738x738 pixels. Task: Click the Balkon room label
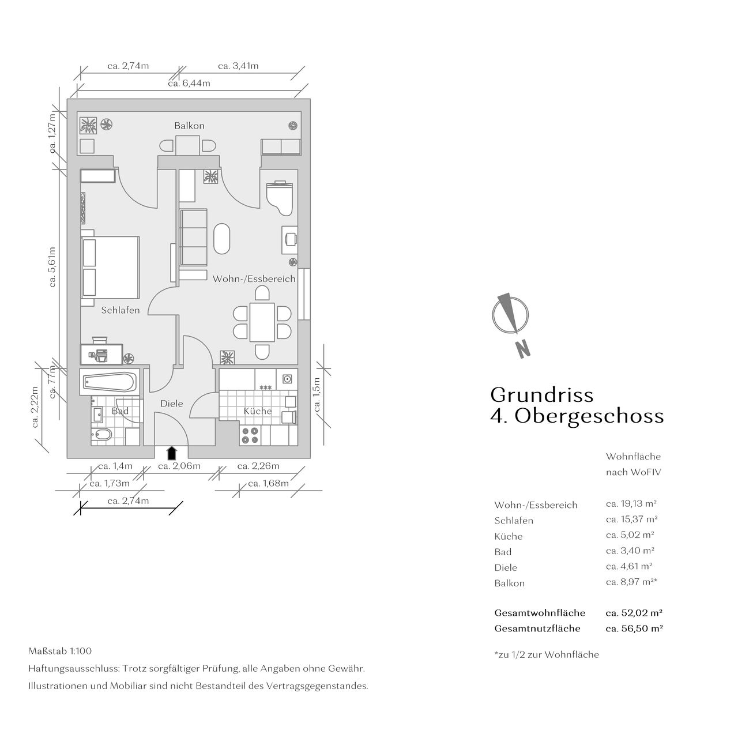pyautogui.click(x=189, y=126)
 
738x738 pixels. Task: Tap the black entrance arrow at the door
pyautogui.click(x=172, y=453)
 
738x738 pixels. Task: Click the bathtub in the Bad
pyautogui.click(x=110, y=382)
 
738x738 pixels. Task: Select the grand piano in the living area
pyautogui.click(x=280, y=198)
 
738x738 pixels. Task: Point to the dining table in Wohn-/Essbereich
pyautogui.click(x=262, y=322)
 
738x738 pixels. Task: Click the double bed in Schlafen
pyautogui.click(x=110, y=268)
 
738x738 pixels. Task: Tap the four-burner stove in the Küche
pyautogui.click(x=250, y=435)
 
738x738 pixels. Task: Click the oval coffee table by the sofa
pyautogui.click(x=222, y=239)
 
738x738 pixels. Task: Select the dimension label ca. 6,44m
pyautogui.click(x=189, y=83)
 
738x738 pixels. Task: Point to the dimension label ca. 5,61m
pyautogui.click(x=52, y=267)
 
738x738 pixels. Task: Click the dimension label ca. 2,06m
pyautogui.click(x=179, y=466)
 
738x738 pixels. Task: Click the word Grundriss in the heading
pyautogui.click(x=542, y=395)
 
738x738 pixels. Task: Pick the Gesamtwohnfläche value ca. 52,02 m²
pyautogui.click(x=634, y=613)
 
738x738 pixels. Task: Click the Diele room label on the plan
pyautogui.click(x=172, y=403)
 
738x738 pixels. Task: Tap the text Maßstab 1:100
pyautogui.click(x=60, y=651)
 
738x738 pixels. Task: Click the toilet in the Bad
pyautogui.click(x=101, y=435)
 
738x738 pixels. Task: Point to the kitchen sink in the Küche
pyautogui.click(x=287, y=379)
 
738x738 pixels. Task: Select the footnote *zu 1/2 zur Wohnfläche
pyautogui.click(x=547, y=654)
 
